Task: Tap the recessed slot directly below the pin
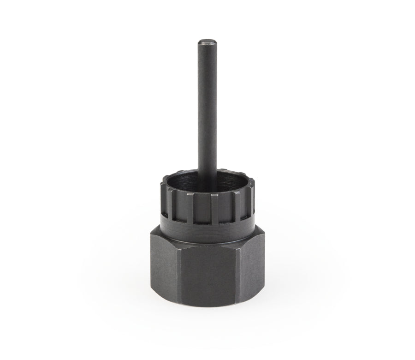pos(204,203)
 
